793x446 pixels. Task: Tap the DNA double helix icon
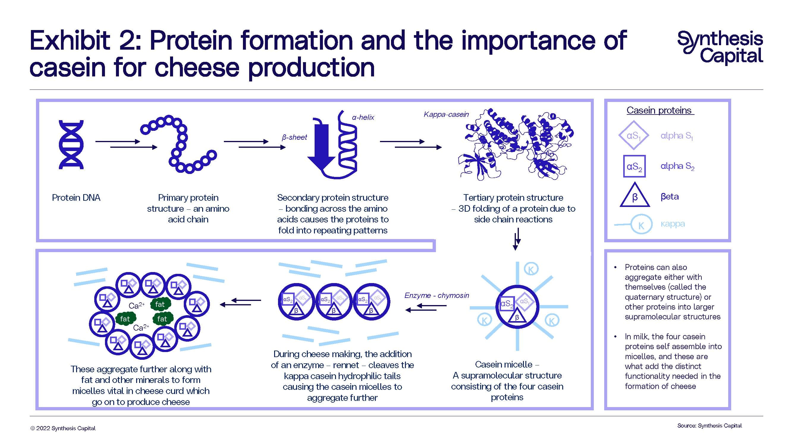(x=71, y=145)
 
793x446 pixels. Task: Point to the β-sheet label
(x=294, y=137)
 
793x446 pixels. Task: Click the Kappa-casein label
(x=446, y=114)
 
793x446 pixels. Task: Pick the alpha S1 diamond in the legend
(x=634, y=135)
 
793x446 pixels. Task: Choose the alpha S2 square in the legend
(x=634, y=167)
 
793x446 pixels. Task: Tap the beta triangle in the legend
(x=635, y=196)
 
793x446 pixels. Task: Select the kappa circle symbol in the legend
(x=641, y=225)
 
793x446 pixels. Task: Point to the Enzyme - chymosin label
(x=436, y=296)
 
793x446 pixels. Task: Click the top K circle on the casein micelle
(x=531, y=269)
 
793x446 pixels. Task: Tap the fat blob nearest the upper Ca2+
(x=160, y=304)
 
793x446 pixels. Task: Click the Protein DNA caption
(x=76, y=198)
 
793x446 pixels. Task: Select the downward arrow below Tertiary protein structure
(x=517, y=239)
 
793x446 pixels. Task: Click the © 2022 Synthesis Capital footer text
(x=63, y=428)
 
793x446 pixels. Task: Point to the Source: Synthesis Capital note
(x=709, y=425)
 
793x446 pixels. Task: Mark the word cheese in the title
(x=197, y=67)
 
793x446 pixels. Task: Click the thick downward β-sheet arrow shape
(x=321, y=148)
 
